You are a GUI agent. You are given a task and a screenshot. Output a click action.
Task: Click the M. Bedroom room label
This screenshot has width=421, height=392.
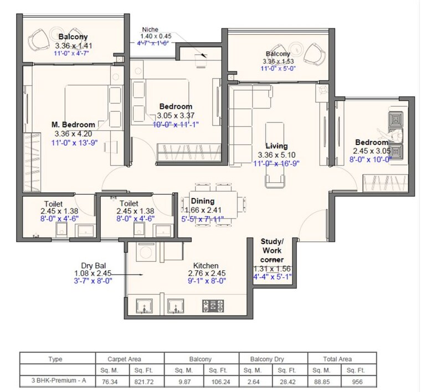click(x=73, y=125)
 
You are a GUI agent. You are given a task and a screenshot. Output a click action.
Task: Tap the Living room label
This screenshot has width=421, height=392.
click(x=276, y=146)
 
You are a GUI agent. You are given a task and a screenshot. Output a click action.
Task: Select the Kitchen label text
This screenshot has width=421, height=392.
click(x=206, y=266)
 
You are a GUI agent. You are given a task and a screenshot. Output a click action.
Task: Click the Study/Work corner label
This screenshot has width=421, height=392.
click(x=271, y=251)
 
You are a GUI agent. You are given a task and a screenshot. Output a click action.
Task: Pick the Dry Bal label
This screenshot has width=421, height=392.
click(x=93, y=265)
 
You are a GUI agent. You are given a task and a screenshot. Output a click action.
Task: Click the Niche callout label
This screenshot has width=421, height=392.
click(x=151, y=29)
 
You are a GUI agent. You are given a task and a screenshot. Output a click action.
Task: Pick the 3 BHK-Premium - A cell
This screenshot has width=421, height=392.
click(x=55, y=381)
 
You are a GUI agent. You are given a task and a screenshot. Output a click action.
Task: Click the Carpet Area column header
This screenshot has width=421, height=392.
click(x=129, y=359)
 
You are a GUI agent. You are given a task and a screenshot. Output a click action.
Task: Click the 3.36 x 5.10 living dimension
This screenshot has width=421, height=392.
click(x=276, y=155)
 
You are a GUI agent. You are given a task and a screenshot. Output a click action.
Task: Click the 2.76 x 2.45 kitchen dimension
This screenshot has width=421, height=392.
click(x=206, y=274)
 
